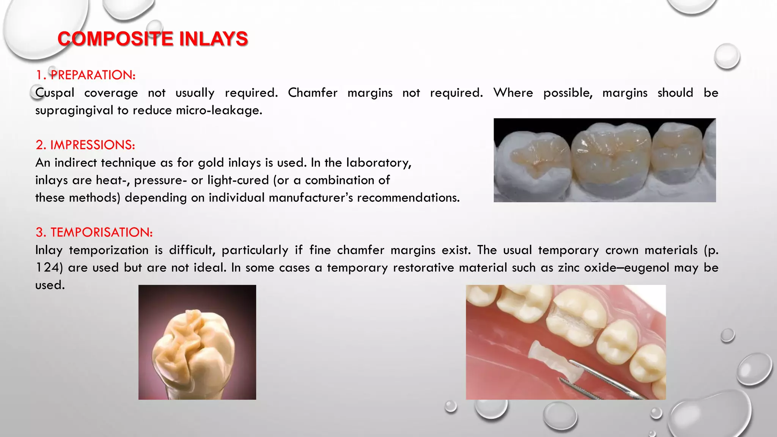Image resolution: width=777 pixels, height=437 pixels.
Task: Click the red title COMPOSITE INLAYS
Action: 153,39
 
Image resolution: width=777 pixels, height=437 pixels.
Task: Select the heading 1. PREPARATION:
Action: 85,75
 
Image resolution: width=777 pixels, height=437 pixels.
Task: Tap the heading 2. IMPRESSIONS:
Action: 85,145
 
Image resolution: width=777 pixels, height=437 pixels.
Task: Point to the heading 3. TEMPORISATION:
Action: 94,232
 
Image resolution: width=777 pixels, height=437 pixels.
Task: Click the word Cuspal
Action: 55,93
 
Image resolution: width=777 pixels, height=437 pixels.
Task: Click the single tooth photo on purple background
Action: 197,342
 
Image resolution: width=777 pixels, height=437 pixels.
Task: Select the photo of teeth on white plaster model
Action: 604,160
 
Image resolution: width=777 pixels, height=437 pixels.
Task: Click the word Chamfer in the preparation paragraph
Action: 313,93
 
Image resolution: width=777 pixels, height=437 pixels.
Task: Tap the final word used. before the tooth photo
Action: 50,285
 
